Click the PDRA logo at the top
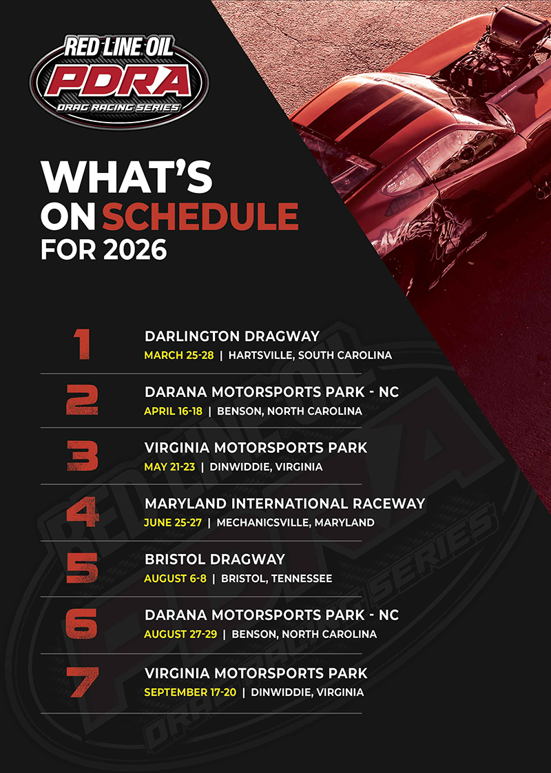pos(118,77)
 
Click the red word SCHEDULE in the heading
pos(200,216)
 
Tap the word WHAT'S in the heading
pos(126,177)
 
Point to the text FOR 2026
pos(103,249)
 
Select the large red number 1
pos(83,344)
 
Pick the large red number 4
pos(83,512)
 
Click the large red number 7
pos(83,681)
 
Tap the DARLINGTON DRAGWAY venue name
pos(232,336)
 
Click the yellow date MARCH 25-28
pos(179,355)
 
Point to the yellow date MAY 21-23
pos(169,466)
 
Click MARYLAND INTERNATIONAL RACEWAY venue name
pos(284,504)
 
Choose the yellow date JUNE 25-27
pos(173,522)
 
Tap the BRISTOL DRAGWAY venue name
pos(214,559)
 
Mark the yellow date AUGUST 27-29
pos(180,634)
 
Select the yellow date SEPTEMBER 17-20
pos(190,692)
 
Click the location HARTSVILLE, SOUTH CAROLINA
pos(310,355)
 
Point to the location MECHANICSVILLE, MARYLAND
pos(295,522)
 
